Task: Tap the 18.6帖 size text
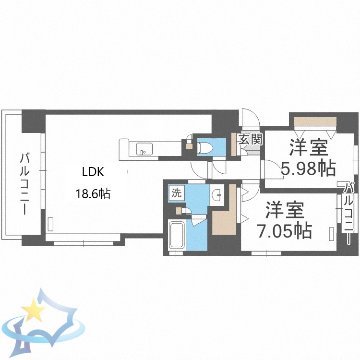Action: pyautogui.click(x=93, y=194)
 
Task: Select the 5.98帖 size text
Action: pyautogui.click(x=308, y=168)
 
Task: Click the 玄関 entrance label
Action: pyautogui.click(x=251, y=140)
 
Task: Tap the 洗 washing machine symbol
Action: pyautogui.click(x=176, y=193)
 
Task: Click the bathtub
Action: pyautogui.click(x=178, y=236)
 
